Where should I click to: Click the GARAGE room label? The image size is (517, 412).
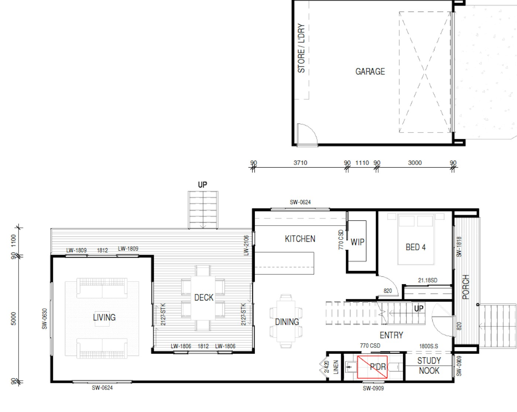coord(370,72)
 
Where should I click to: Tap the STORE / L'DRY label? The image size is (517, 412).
coord(301,48)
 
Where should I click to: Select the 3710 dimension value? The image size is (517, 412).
coord(300,163)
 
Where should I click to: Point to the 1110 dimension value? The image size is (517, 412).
coord(362,163)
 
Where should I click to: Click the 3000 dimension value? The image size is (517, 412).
coord(415,163)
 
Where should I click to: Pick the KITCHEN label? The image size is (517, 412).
coord(300,239)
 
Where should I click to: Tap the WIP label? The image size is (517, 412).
coord(357,242)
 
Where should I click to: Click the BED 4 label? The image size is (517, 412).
coord(415,247)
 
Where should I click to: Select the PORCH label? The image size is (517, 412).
coord(466,287)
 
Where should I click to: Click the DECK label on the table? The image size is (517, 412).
coord(204,298)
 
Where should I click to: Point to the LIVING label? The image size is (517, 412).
coord(104,317)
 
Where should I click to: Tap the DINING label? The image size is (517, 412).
coord(287,322)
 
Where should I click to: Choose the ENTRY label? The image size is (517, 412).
coord(391,335)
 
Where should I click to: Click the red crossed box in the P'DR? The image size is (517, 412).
coord(372,367)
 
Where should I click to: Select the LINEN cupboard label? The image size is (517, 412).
coord(336,367)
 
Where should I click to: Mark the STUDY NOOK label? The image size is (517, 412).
coord(429,365)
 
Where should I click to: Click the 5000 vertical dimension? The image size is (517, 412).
coord(14,319)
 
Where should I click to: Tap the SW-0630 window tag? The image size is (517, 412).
coord(44,319)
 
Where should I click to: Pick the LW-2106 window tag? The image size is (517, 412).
coord(246,245)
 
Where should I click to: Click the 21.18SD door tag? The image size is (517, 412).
coord(428,280)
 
